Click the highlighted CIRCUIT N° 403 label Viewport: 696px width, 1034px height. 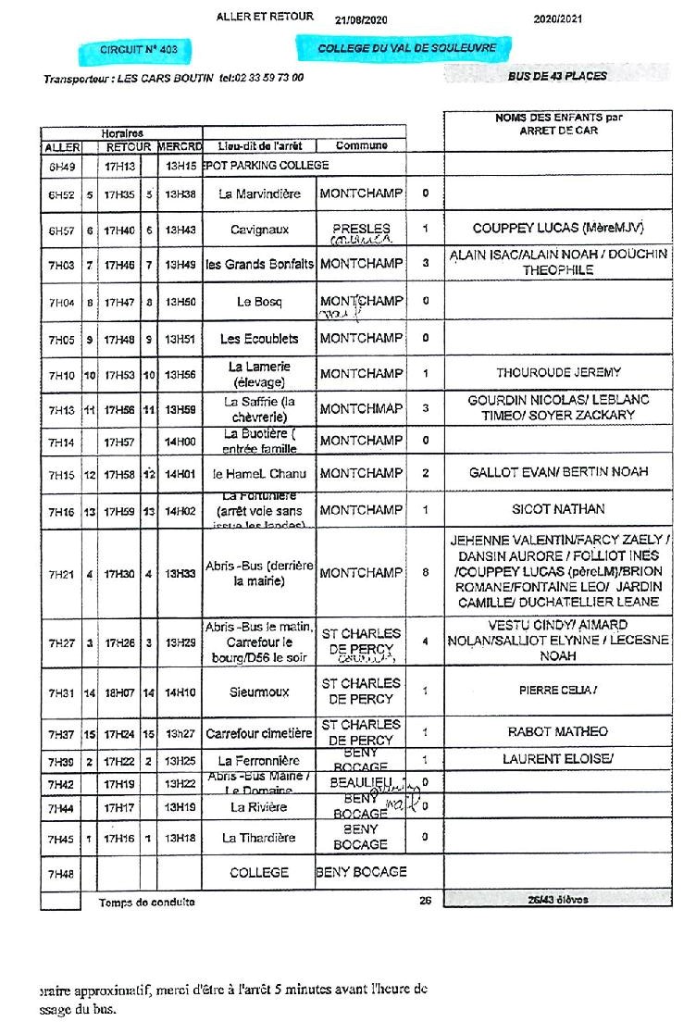[139, 49]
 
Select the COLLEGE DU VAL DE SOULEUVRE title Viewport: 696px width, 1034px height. [406, 47]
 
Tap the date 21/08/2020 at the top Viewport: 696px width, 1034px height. [361, 19]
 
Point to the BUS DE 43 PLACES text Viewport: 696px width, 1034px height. [557, 76]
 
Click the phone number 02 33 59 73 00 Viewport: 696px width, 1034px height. [268, 78]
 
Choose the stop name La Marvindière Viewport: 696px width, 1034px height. [259, 194]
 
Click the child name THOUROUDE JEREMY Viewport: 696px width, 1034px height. [558, 372]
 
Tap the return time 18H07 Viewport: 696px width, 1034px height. [118, 691]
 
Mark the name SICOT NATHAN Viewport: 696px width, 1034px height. [558, 509]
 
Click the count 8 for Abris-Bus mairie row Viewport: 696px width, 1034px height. [426, 573]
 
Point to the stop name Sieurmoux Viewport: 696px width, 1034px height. [259, 691]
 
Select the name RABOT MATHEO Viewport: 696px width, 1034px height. [558, 731]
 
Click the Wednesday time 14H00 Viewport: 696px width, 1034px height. [180, 442]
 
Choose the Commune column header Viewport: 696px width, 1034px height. [361, 146]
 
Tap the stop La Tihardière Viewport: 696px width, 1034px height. [259, 838]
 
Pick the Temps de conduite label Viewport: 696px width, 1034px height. [146, 903]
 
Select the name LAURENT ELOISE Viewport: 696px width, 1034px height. [558, 759]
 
